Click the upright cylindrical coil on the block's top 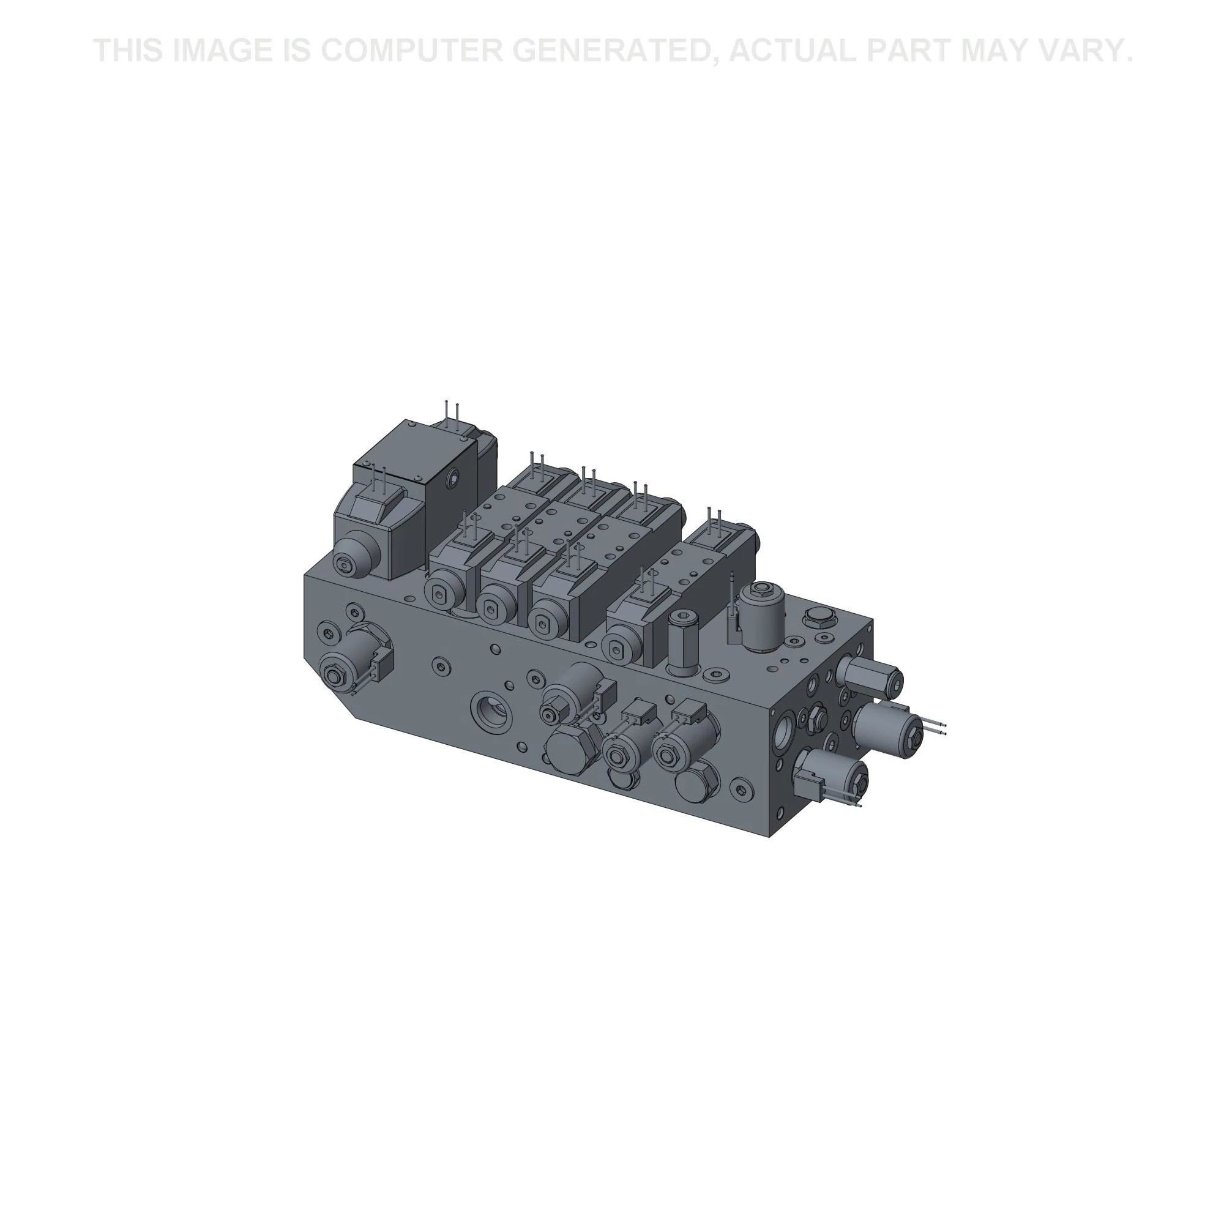click(x=762, y=614)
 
